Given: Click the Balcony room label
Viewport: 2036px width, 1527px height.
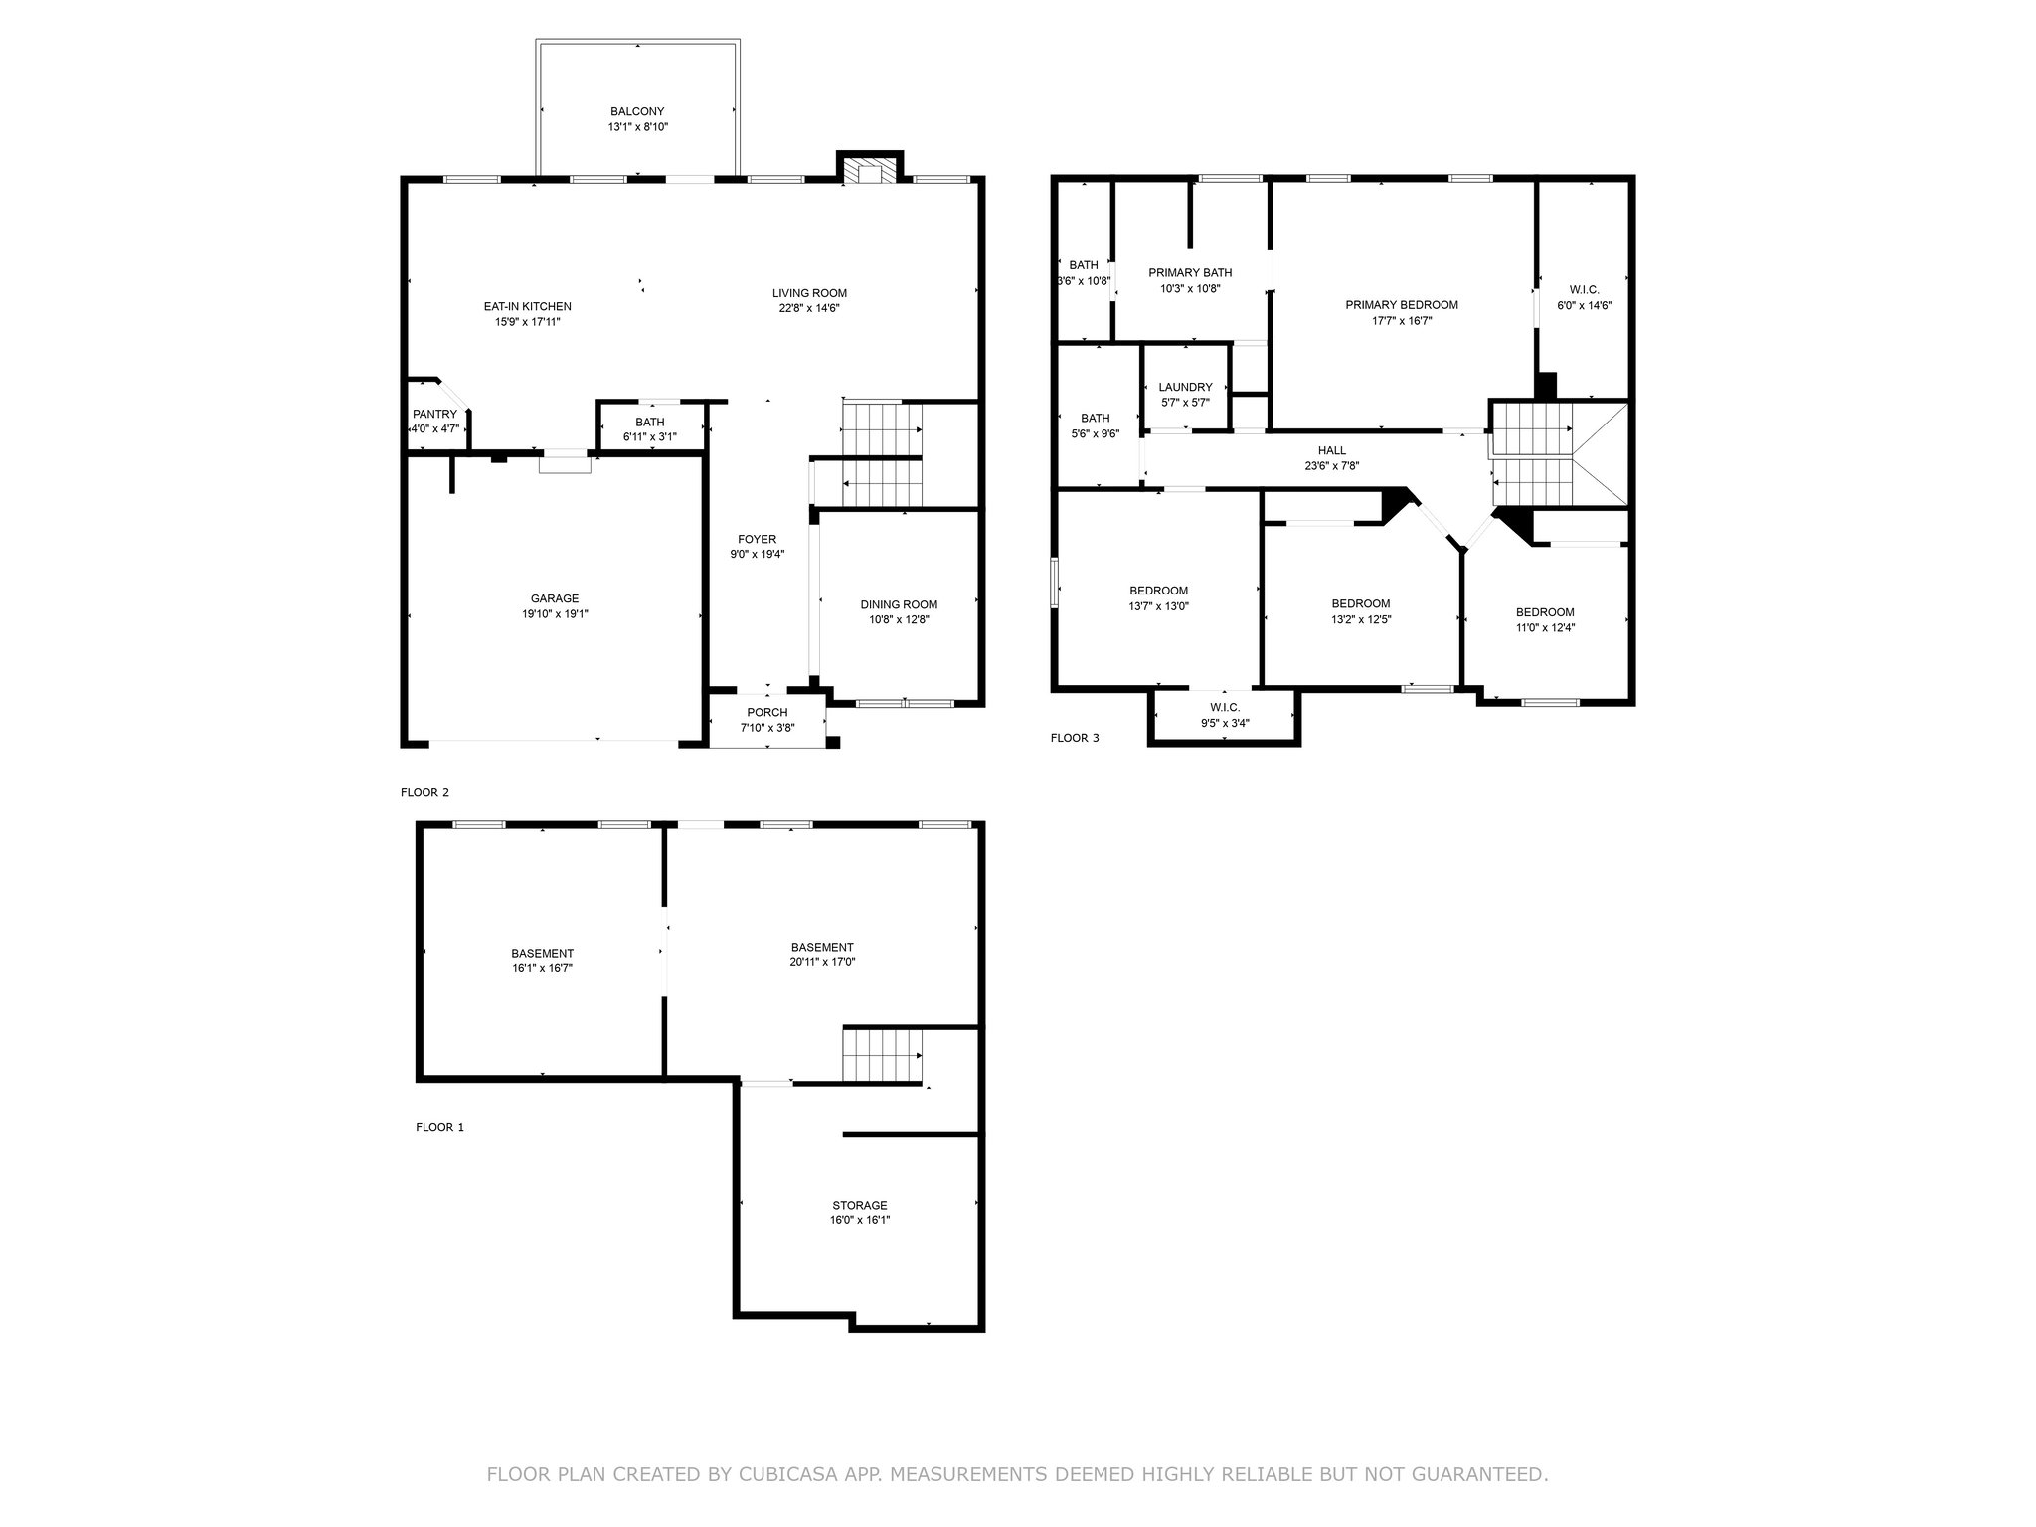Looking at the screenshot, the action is pyautogui.click(x=637, y=112).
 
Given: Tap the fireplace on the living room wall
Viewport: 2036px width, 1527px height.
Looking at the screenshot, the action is pyautogui.click(x=870, y=170).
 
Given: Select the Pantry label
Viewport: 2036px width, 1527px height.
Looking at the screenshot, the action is pyautogui.click(x=434, y=415).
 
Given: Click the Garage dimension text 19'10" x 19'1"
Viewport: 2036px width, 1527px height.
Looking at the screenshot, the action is pyautogui.click(x=555, y=614).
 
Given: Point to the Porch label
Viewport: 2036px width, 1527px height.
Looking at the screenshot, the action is pyautogui.click(x=766, y=713).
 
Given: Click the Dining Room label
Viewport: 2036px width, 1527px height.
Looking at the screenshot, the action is pyautogui.click(x=899, y=604).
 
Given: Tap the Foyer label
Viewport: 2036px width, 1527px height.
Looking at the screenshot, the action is pyautogui.click(x=758, y=540).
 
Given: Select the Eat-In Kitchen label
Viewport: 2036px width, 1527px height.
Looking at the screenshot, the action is pyautogui.click(x=528, y=307).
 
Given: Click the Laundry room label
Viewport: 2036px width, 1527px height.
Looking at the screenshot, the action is pyautogui.click(x=1185, y=388).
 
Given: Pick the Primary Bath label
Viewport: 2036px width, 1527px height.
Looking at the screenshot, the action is pyautogui.click(x=1190, y=273).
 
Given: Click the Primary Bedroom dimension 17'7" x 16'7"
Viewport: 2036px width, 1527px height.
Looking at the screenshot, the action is pyautogui.click(x=1402, y=321).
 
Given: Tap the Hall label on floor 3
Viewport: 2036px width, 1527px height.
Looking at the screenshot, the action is pyautogui.click(x=1332, y=451).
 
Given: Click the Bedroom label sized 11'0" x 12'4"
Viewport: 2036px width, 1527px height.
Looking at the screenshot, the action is pyautogui.click(x=1545, y=613).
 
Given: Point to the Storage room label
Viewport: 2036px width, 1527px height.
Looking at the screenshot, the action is pyautogui.click(x=860, y=1206).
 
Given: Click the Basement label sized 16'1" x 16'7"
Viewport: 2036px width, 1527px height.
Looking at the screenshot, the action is pyautogui.click(x=543, y=954).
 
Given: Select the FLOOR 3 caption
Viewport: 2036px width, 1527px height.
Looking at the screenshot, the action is pyautogui.click(x=1075, y=738).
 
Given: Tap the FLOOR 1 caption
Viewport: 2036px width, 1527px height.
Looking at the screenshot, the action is pyautogui.click(x=439, y=1127).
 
